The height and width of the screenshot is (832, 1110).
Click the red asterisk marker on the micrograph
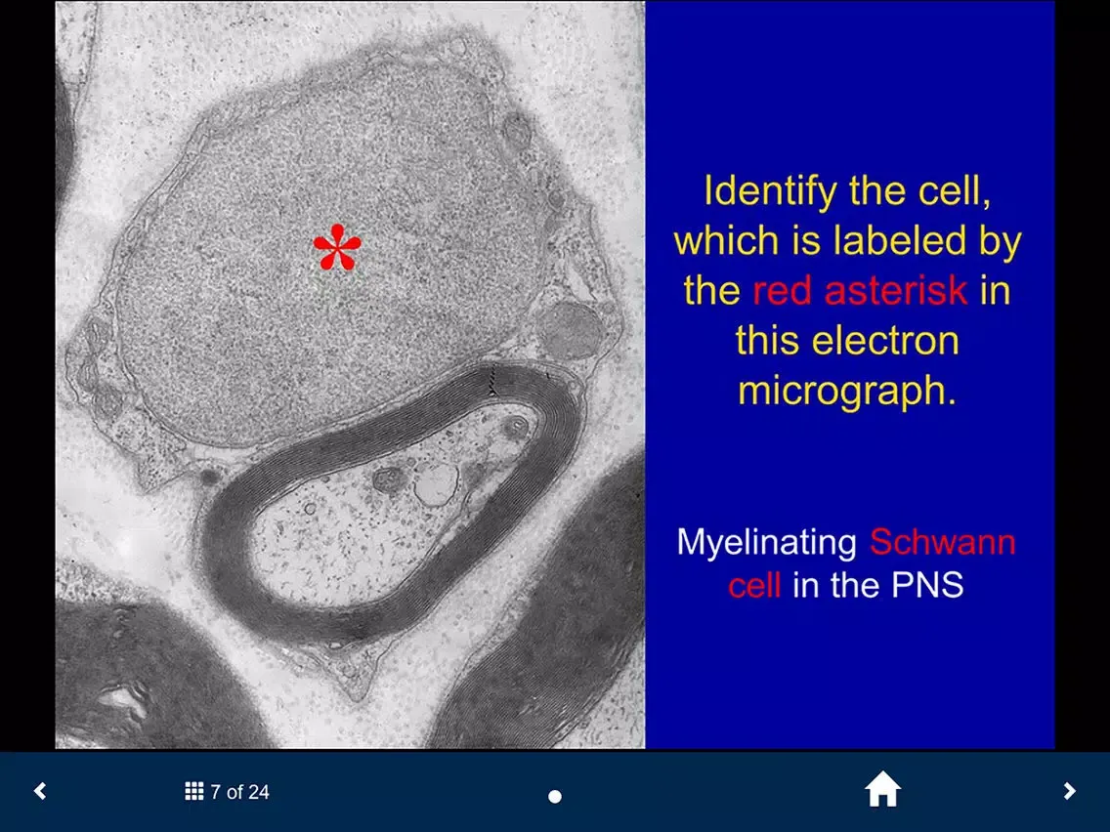[337, 248]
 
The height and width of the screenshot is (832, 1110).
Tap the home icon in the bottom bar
[882, 789]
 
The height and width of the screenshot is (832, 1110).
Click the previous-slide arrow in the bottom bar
[40, 791]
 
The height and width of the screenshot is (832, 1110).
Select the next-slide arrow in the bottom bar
[1069, 791]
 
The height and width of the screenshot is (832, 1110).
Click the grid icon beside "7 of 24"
[194, 791]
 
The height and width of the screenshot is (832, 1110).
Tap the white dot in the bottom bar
[555, 797]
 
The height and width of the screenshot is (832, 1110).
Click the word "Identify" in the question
[770, 191]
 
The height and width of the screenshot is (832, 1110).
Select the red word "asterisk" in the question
[895, 291]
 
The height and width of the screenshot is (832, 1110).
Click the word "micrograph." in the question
[846, 392]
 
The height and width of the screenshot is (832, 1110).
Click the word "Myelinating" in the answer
[767, 544]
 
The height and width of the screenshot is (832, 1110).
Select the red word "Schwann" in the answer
[943, 543]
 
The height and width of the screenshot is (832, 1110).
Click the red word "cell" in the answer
[754, 585]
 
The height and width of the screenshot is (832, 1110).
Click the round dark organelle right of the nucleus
[570, 331]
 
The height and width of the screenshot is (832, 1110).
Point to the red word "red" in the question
[782, 291]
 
